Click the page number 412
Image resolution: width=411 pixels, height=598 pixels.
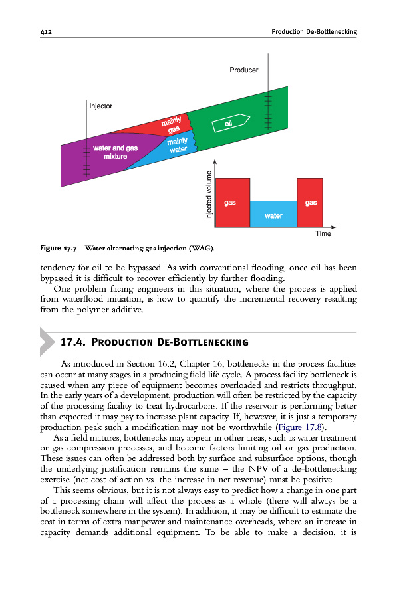click(x=46, y=31)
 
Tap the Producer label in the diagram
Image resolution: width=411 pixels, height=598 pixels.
click(x=243, y=70)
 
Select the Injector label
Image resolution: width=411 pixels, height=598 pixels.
click(x=100, y=106)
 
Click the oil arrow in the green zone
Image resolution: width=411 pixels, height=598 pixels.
click(x=230, y=123)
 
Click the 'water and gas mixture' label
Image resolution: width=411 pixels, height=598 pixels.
click(x=115, y=152)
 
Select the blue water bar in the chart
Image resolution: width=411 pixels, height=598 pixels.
click(x=273, y=213)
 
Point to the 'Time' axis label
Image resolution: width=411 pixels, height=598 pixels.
click(x=323, y=233)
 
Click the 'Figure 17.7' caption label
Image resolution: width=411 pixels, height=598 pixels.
click(x=59, y=249)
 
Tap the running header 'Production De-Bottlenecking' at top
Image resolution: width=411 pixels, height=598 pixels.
click(x=315, y=31)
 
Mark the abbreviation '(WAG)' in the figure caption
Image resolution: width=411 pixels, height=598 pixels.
click(x=201, y=249)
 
